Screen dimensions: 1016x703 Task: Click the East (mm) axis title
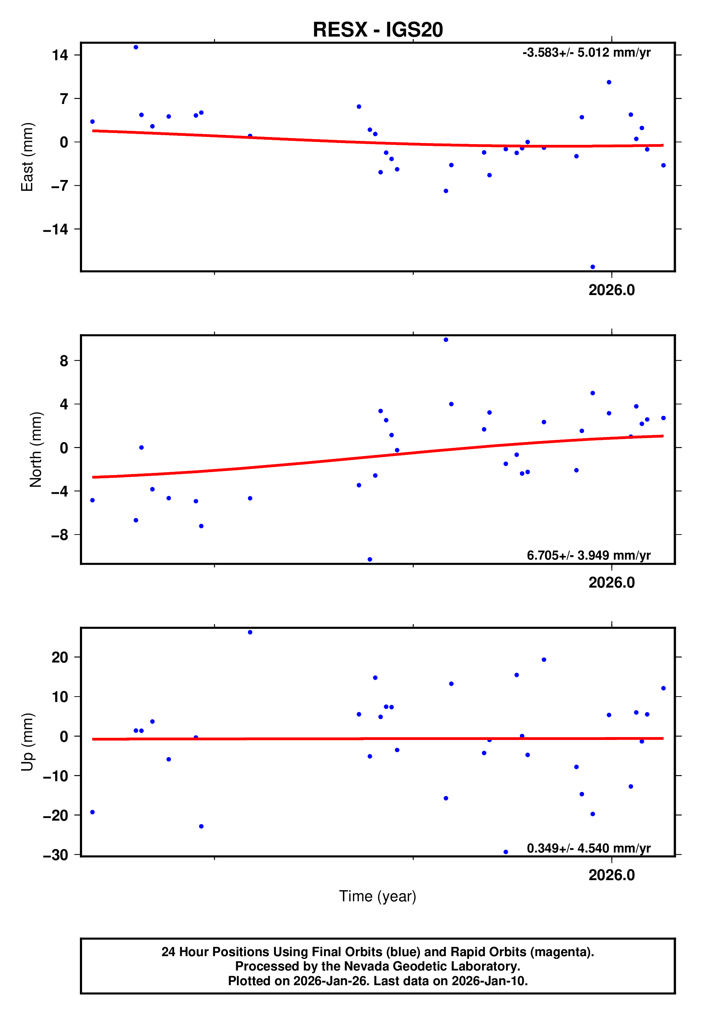[x=27, y=157]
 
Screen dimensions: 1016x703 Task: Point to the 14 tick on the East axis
[x=60, y=55]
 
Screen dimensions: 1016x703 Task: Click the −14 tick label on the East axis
[x=56, y=229]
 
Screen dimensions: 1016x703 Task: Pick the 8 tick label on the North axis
[x=64, y=361]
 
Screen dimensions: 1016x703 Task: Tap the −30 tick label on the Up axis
[x=56, y=855]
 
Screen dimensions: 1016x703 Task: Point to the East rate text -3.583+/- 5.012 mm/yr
[x=586, y=53]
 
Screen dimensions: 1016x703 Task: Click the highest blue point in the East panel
[x=136, y=47]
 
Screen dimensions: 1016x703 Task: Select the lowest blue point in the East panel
[x=592, y=267]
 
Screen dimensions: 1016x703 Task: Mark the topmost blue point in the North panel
[x=446, y=340]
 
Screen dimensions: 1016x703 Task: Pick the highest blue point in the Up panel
[x=250, y=632]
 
